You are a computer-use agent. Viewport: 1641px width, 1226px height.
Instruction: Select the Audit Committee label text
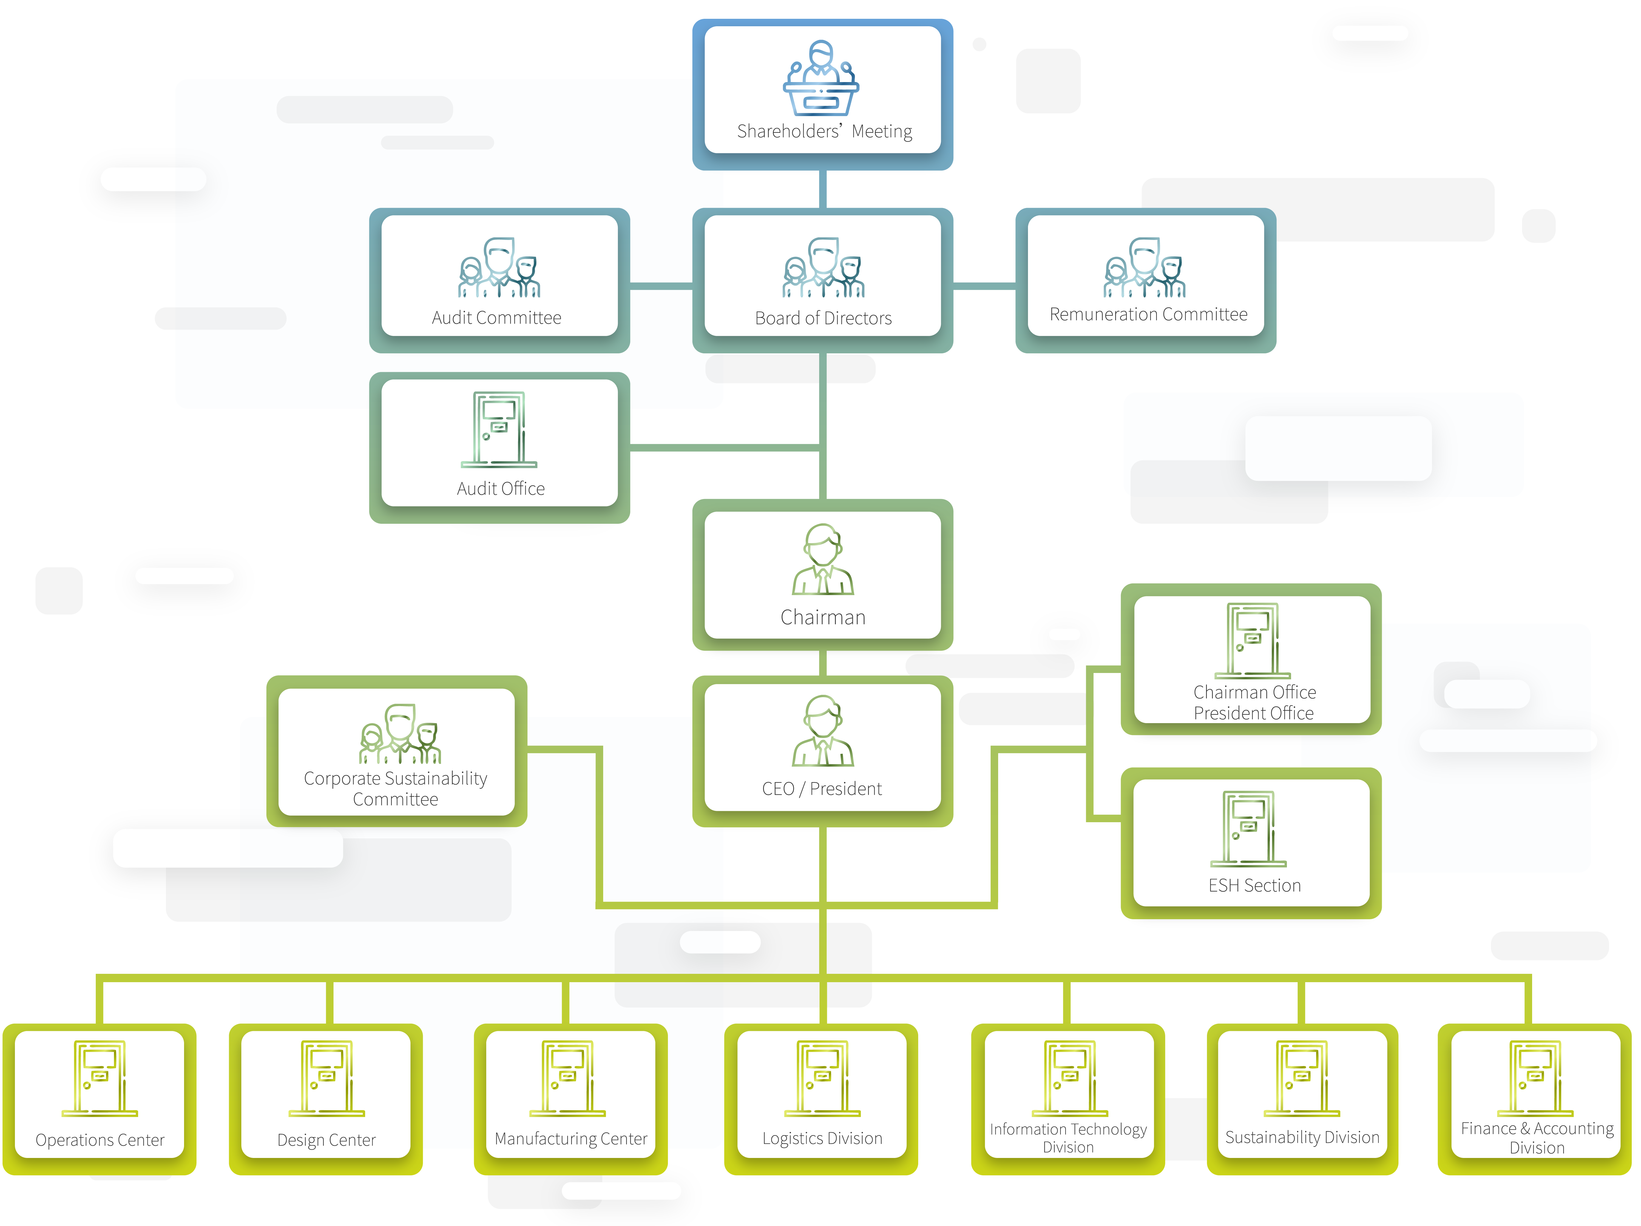[x=496, y=318]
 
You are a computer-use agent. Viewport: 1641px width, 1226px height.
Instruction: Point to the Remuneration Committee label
[x=1148, y=315]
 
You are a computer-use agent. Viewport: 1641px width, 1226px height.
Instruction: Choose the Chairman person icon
[x=823, y=560]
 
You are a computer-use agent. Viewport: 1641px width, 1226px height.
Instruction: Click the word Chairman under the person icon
[x=823, y=617]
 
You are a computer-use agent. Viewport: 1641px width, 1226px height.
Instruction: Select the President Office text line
[x=1254, y=713]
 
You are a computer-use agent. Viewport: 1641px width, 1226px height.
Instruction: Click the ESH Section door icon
[x=1248, y=828]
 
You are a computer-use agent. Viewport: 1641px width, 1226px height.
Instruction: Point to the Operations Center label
[x=100, y=1140]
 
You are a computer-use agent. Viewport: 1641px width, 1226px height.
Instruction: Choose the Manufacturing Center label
[x=570, y=1139]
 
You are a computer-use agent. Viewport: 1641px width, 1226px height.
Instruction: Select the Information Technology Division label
[x=1068, y=1138]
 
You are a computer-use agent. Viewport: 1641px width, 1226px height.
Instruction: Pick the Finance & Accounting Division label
[x=1537, y=1138]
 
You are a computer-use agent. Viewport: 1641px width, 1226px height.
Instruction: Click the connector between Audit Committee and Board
[x=661, y=286]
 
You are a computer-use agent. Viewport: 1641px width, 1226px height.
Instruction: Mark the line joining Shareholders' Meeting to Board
[x=823, y=189]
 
